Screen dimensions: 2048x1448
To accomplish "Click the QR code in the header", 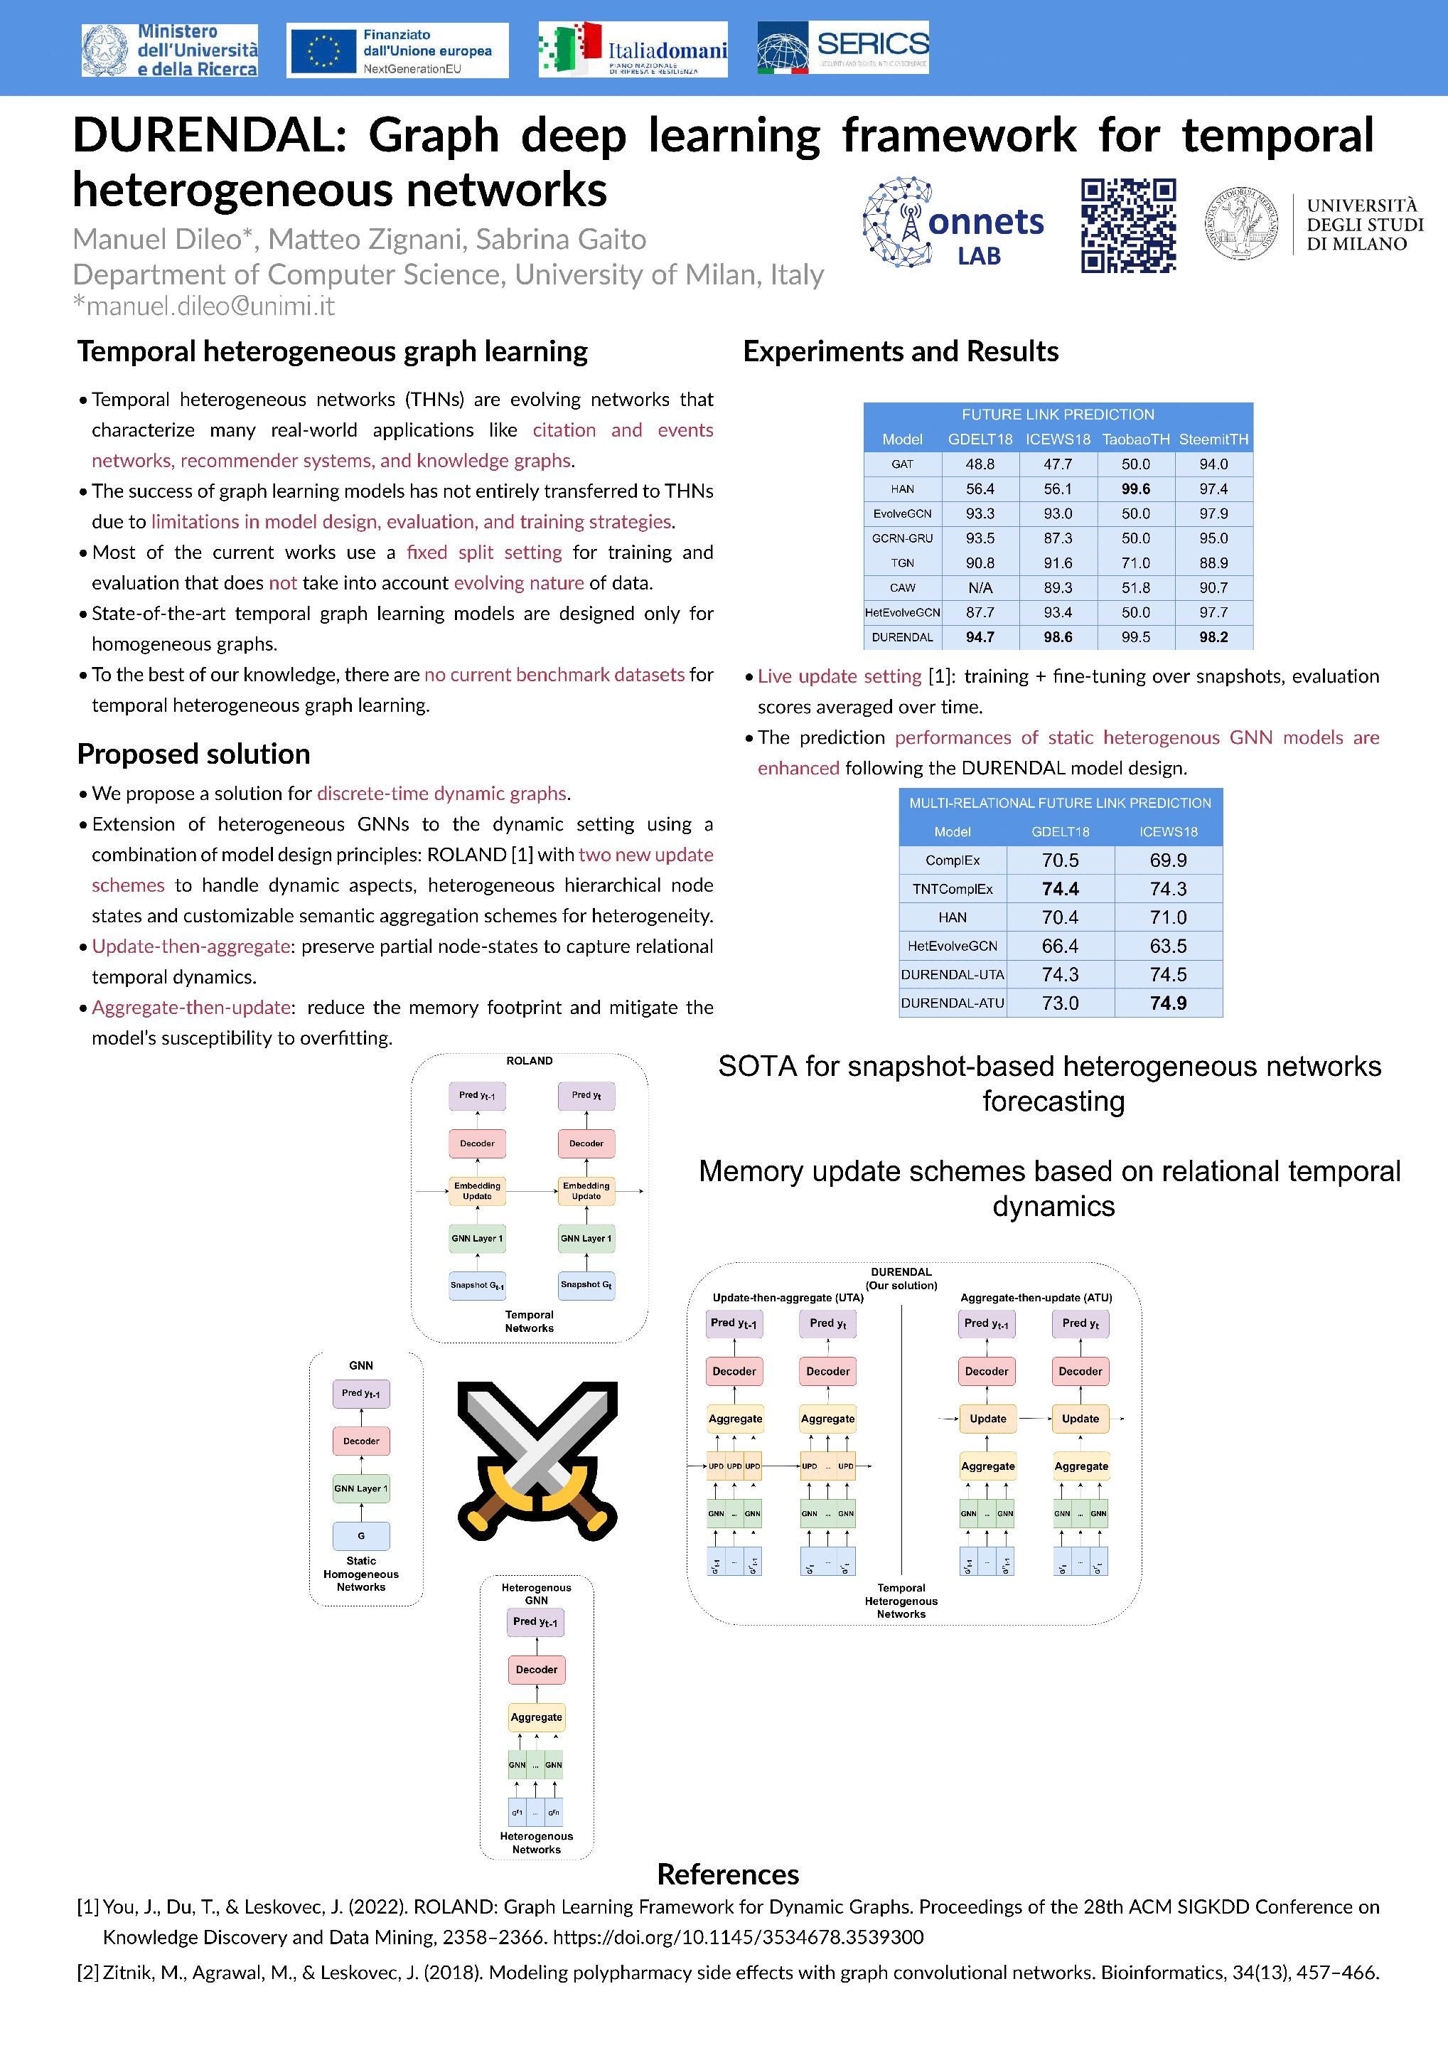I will (1128, 225).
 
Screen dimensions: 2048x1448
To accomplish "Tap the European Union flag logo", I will (323, 50).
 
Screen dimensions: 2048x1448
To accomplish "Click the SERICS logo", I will (842, 47).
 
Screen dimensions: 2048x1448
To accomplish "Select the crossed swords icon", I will (537, 1461).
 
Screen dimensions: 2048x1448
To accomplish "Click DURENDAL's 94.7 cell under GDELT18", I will (980, 637).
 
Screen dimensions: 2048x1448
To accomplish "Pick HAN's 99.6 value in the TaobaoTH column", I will (1135, 489).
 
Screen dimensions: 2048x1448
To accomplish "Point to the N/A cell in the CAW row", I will (980, 588).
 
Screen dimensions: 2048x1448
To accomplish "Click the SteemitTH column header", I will (1213, 439).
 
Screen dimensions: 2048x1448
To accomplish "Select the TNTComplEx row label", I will (953, 888).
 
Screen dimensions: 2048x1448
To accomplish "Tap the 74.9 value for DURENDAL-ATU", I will (1168, 1003).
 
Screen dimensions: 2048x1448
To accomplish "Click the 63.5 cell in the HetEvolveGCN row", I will (1168, 946).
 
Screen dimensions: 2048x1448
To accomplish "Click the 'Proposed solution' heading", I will (193, 754).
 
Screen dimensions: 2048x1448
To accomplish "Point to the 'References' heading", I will (728, 1874).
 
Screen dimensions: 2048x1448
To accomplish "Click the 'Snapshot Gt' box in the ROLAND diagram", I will (586, 1284).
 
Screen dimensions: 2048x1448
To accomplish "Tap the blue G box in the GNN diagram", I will (361, 1535).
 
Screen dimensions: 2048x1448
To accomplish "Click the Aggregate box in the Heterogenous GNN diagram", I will (536, 1716).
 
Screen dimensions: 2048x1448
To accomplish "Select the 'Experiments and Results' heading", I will (901, 351).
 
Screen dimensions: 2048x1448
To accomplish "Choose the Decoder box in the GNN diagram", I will (361, 1441).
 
